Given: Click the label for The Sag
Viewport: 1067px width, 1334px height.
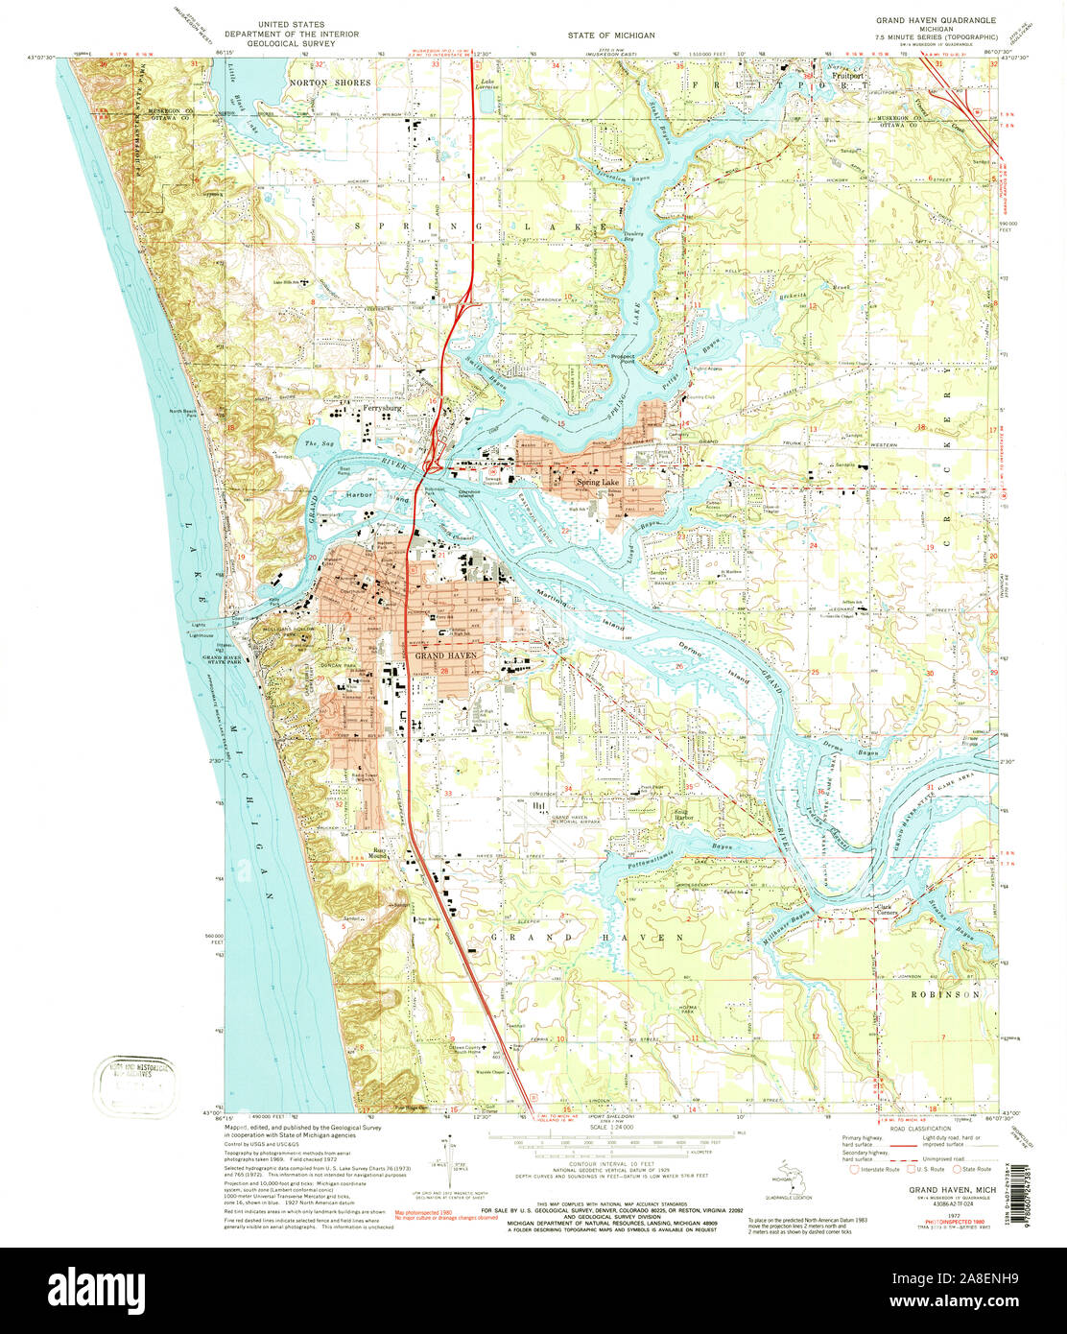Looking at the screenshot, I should pos(317,443).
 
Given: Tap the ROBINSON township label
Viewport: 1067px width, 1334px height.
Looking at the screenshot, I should pos(947,995).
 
